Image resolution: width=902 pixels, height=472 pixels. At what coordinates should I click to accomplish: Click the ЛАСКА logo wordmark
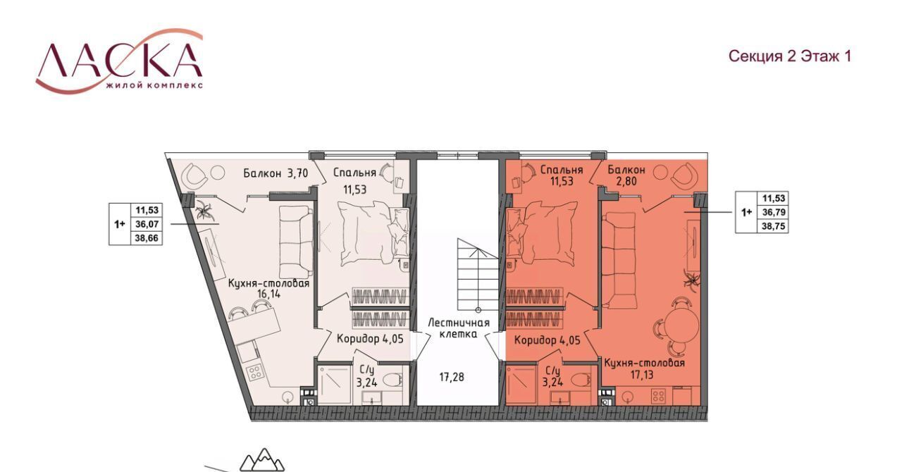[x=119, y=61]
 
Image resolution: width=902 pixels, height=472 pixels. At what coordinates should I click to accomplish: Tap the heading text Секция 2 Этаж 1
[x=790, y=56]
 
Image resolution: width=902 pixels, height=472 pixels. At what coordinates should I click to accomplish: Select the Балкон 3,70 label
[x=276, y=173]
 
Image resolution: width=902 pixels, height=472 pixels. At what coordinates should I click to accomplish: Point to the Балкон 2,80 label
[x=626, y=175]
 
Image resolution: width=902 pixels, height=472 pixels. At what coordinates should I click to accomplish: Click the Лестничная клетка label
[x=458, y=328]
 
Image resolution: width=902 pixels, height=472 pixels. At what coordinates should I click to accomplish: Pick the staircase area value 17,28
[x=452, y=378]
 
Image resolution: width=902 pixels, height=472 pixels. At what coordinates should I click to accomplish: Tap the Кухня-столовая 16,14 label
[x=269, y=288]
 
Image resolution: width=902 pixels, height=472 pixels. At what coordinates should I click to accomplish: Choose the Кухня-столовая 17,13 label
[x=644, y=369]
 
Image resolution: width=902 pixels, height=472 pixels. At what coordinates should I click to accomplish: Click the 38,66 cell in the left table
[x=147, y=238]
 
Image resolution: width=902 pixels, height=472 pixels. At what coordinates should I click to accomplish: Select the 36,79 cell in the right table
[x=774, y=212]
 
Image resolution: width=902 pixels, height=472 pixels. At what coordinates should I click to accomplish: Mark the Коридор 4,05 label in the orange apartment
[x=548, y=341]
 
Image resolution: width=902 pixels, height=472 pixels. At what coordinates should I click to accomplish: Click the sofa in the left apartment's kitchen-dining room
[x=296, y=242]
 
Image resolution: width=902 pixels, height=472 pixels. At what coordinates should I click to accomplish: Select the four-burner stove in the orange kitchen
[x=658, y=395]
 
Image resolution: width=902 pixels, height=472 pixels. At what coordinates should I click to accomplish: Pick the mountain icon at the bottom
[x=262, y=460]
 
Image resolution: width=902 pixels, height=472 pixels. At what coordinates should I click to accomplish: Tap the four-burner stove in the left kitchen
[x=255, y=373]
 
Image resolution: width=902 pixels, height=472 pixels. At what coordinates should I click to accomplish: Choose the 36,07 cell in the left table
[x=147, y=224]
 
